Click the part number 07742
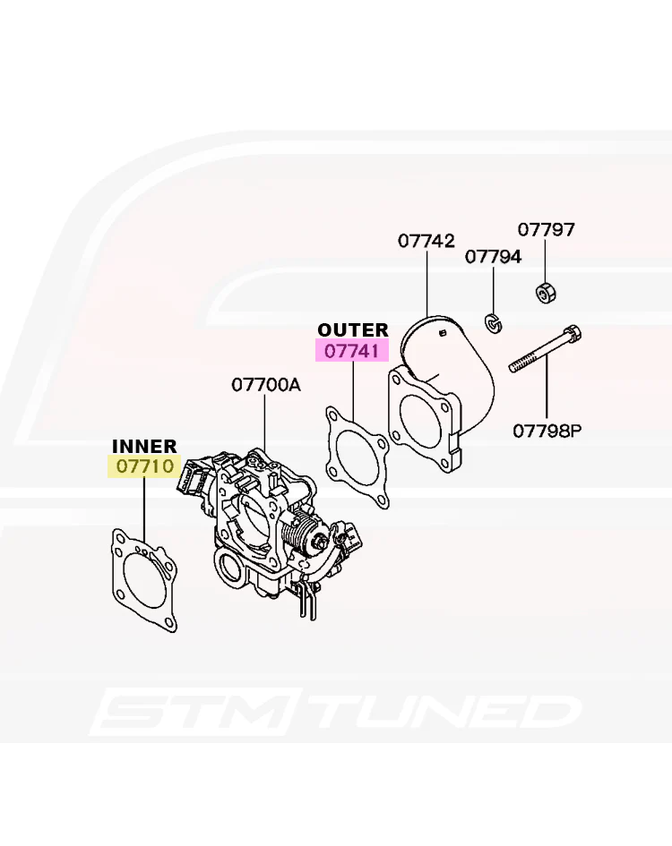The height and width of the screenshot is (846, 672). click(x=426, y=241)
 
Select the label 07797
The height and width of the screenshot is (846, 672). click(x=547, y=229)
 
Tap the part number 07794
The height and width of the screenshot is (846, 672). click(x=493, y=256)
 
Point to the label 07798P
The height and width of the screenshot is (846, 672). click(x=547, y=431)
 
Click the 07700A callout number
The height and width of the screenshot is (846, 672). click(x=266, y=385)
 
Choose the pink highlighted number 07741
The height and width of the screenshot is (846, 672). click(x=352, y=352)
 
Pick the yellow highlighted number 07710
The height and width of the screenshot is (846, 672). click(x=145, y=466)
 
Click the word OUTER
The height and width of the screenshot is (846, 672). click(x=353, y=329)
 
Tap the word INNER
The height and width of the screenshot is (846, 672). click(x=144, y=446)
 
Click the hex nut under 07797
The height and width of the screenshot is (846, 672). click(x=545, y=291)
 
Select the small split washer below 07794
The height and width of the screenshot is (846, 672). click(x=493, y=322)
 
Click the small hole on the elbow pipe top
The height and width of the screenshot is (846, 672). click(x=443, y=333)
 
